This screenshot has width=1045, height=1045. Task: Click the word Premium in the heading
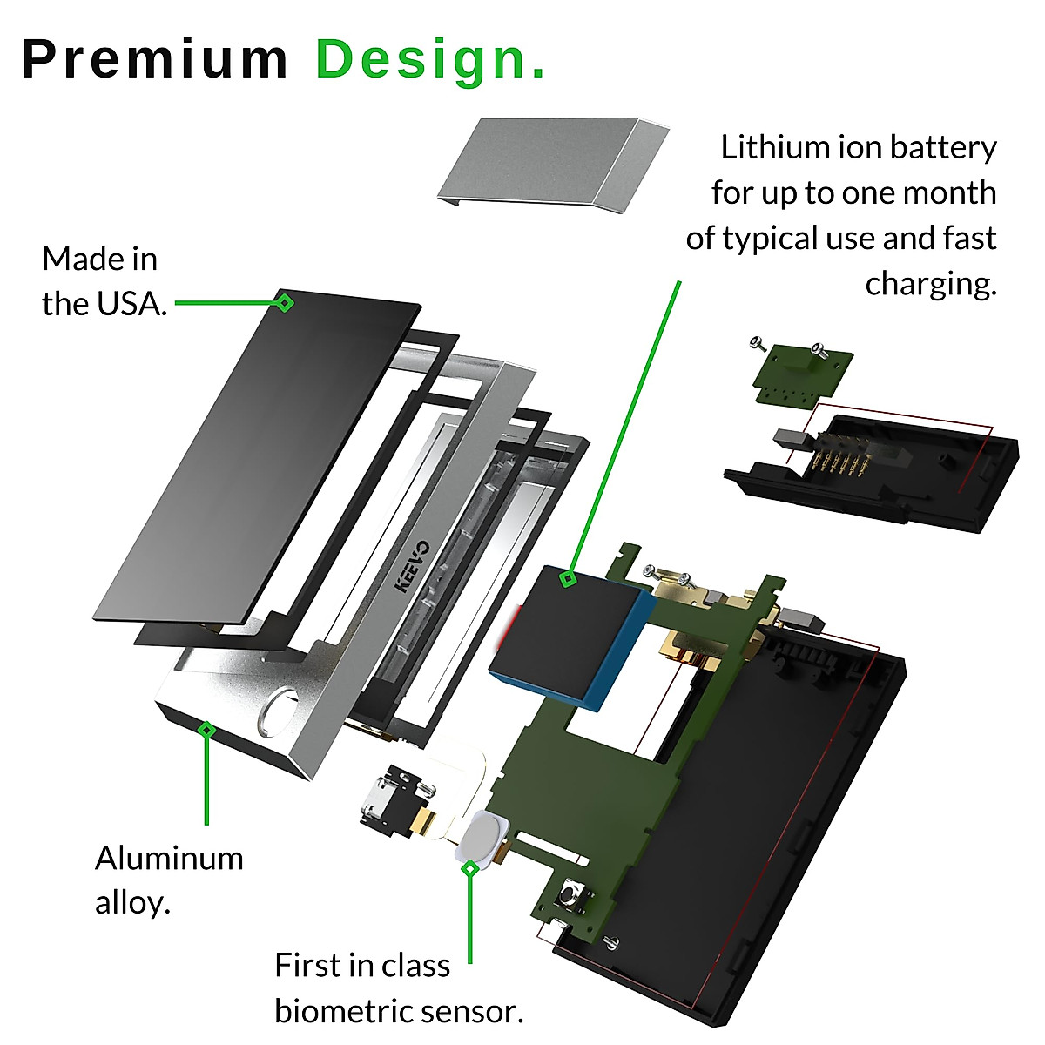point(154,59)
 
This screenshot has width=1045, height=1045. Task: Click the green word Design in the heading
point(421,59)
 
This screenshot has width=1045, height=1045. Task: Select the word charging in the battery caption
point(930,284)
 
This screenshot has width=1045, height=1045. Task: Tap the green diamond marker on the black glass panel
point(284,303)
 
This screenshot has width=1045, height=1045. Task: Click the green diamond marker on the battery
point(568,578)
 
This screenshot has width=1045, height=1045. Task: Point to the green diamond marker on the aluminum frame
point(206,730)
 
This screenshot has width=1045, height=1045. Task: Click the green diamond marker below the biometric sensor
point(470,868)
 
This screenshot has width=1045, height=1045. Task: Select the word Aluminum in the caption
point(169,858)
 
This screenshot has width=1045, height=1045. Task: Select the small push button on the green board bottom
point(573,894)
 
